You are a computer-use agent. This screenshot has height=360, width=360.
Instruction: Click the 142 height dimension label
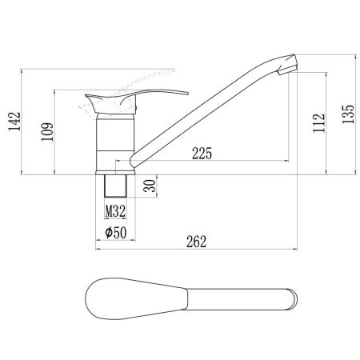pyautogui.click(x=14, y=122)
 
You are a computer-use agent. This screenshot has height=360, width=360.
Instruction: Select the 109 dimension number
pyautogui.click(x=47, y=132)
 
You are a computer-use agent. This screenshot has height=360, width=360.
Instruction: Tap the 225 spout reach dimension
pyautogui.click(x=202, y=154)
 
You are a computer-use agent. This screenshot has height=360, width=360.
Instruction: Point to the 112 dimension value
pyautogui.click(x=319, y=123)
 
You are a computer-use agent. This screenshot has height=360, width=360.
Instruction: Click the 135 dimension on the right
pyautogui.click(x=348, y=114)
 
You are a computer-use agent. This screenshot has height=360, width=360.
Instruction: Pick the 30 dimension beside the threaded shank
pyautogui.click(x=150, y=186)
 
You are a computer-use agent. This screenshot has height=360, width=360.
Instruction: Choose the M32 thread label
pyautogui.click(x=115, y=211)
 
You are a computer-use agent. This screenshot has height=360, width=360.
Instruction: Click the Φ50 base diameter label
pyautogui.click(x=116, y=233)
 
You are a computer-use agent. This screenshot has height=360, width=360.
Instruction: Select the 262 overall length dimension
pyautogui.click(x=197, y=242)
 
